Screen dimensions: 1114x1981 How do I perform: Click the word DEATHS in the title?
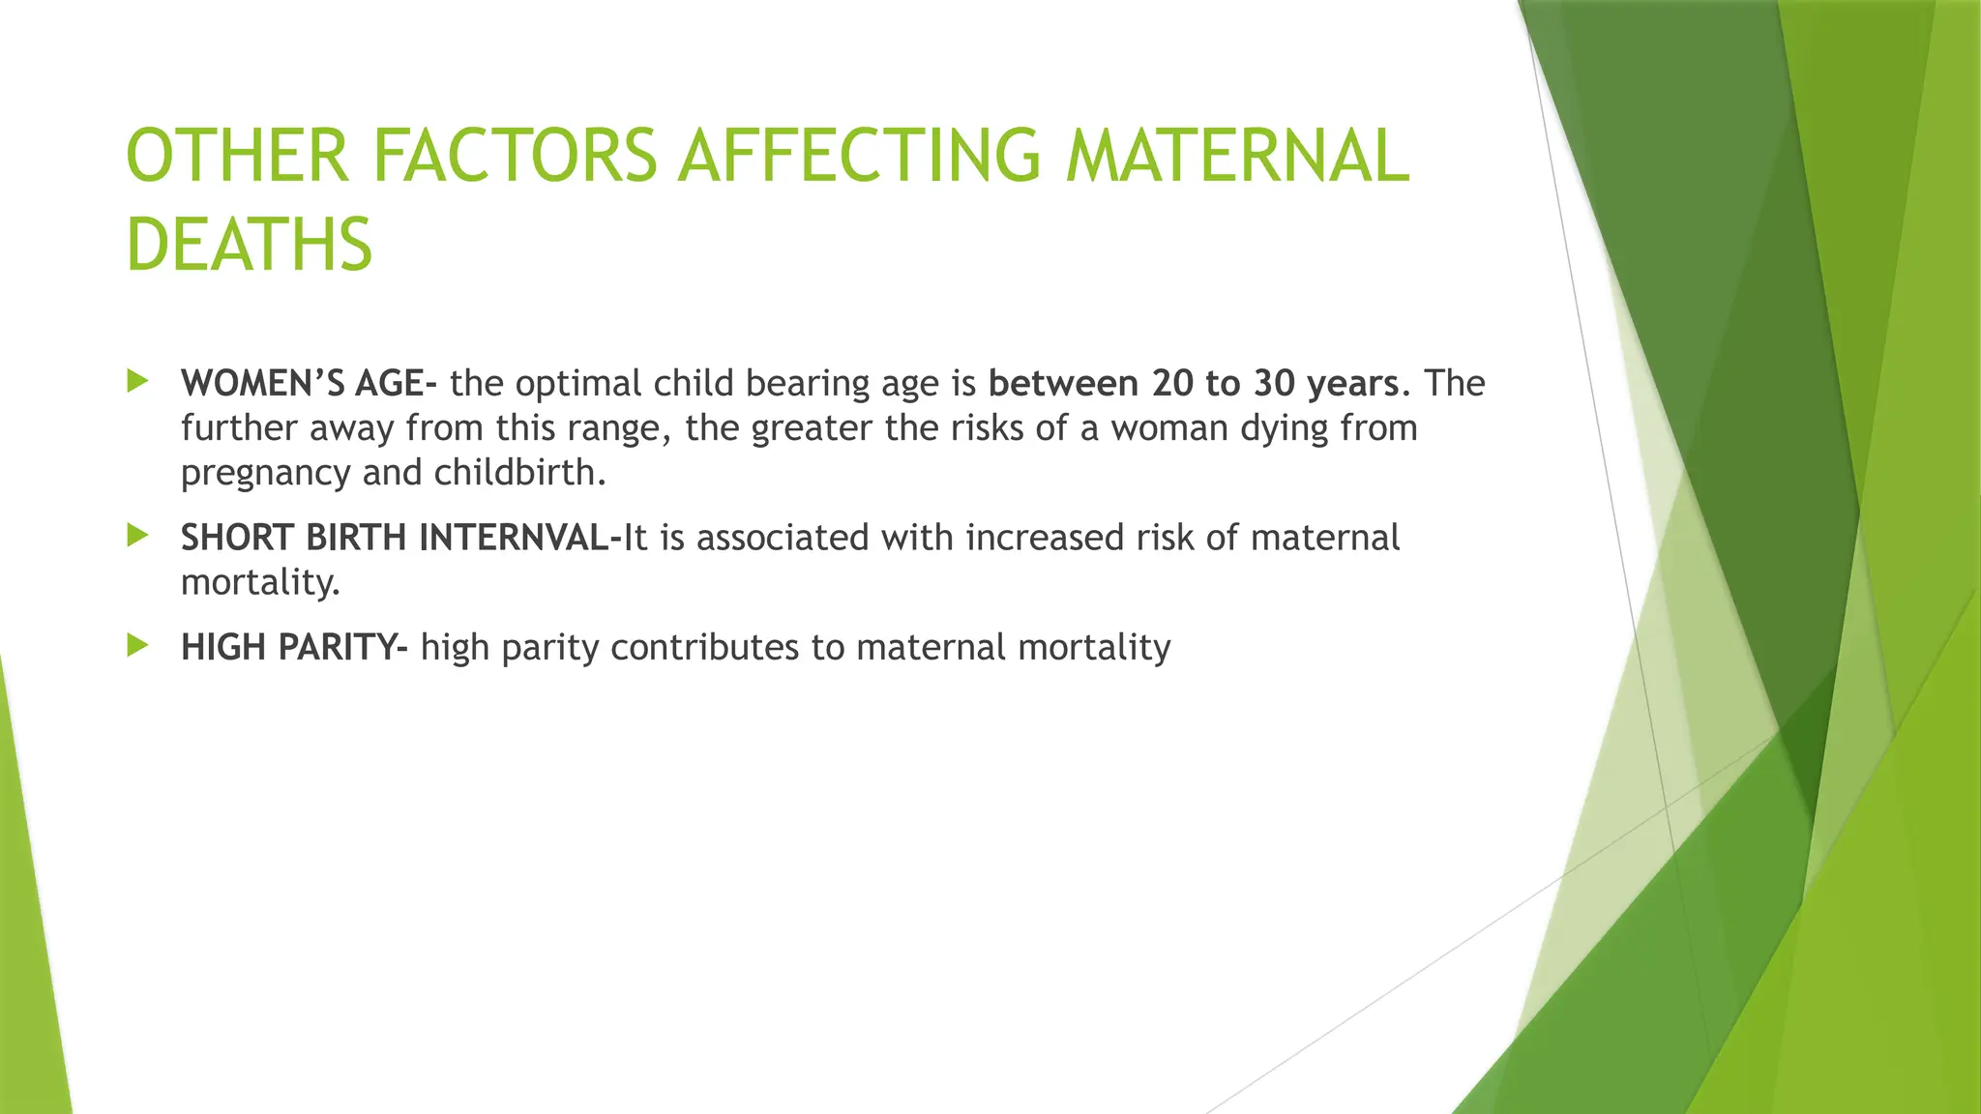pos(249,245)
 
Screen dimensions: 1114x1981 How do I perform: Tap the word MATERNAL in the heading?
pos(1237,156)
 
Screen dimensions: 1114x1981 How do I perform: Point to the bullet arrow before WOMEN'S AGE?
pos(137,381)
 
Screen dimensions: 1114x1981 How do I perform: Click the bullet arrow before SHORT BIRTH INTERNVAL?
pos(137,535)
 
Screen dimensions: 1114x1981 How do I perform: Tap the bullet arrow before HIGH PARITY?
pos(137,645)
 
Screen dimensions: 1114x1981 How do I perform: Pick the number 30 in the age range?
pos(1275,383)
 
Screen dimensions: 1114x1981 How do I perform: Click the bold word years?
pos(1352,385)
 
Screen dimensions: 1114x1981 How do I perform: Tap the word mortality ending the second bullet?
pos(258,582)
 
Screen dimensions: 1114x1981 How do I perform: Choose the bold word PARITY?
pos(336,647)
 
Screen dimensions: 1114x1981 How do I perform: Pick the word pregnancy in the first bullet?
pos(265,474)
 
